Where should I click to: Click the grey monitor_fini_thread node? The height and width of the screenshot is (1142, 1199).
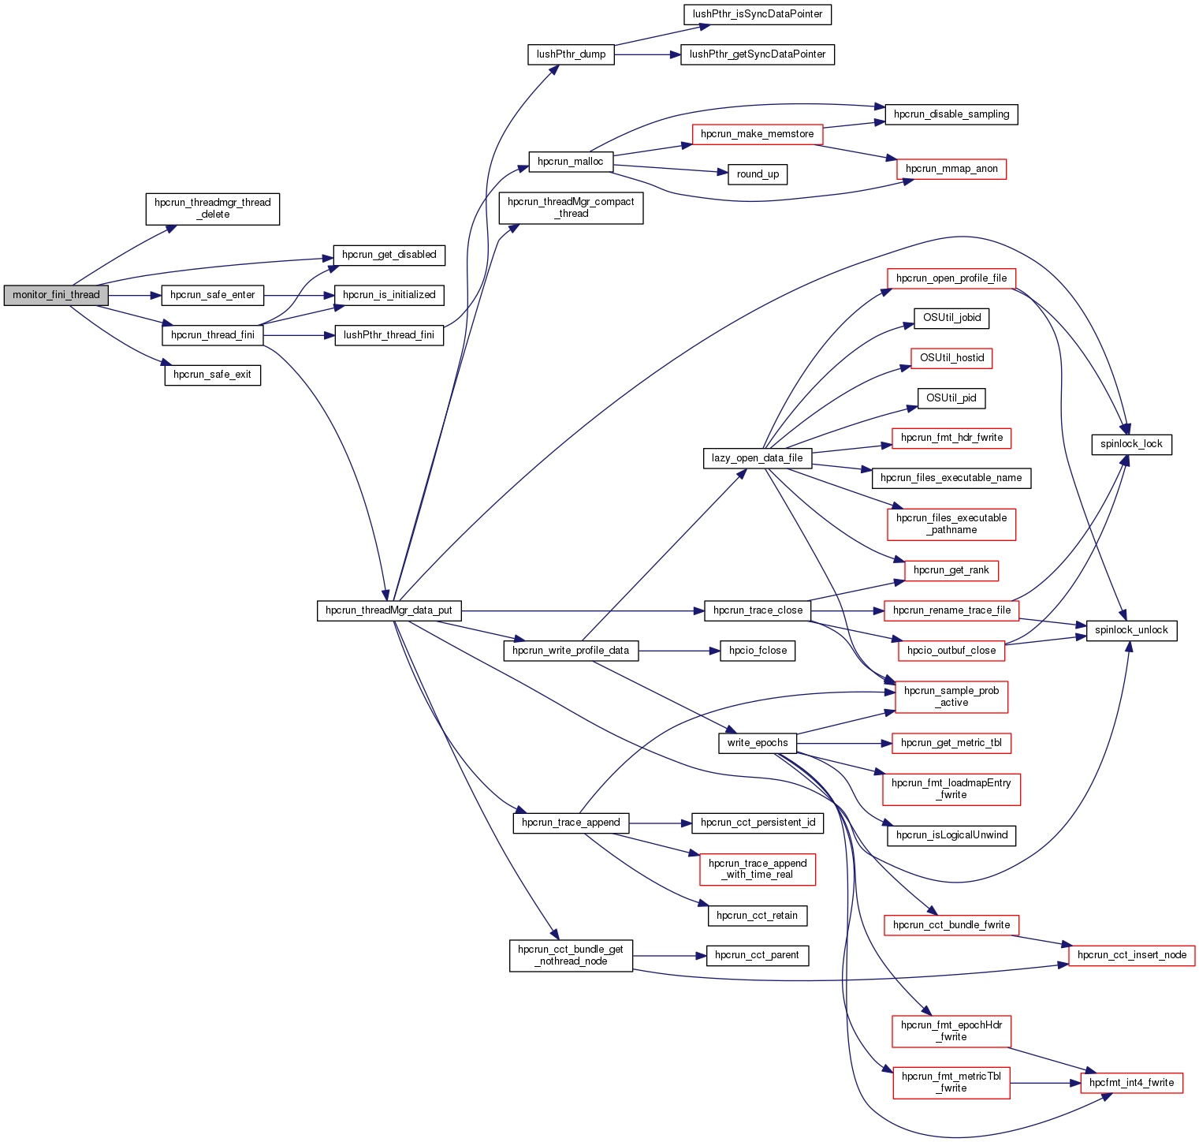pyautogui.click(x=56, y=295)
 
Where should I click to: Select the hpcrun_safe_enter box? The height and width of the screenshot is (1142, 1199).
pyautogui.click(x=212, y=295)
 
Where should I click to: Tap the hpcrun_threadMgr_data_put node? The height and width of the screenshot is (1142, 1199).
pyautogui.click(x=389, y=610)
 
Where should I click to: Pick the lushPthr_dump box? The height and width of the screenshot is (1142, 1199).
pyautogui.click(x=571, y=54)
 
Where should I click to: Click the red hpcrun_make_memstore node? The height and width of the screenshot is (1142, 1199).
pyautogui.click(x=757, y=134)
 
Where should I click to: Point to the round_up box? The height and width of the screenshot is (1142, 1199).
pyautogui.click(x=758, y=174)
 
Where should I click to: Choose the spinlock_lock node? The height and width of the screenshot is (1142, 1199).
pyautogui.click(x=1131, y=444)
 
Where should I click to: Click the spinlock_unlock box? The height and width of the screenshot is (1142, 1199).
pyautogui.click(x=1131, y=630)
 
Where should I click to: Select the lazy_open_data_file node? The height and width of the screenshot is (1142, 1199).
pyautogui.click(x=757, y=458)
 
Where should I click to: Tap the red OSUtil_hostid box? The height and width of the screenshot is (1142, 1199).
pyautogui.click(x=951, y=358)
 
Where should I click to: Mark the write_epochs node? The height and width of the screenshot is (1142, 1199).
pyautogui.click(x=757, y=743)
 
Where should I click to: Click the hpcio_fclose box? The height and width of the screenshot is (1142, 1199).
pyautogui.click(x=758, y=651)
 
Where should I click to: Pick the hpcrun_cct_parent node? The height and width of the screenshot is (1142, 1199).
pyautogui.click(x=757, y=955)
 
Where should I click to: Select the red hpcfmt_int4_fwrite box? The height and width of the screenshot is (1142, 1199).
pyautogui.click(x=1131, y=1083)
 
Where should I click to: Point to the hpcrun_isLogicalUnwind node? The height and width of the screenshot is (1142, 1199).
pyautogui.click(x=951, y=835)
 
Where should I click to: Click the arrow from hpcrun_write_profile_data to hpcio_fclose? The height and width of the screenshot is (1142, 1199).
pyautogui.click(x=678, y=651)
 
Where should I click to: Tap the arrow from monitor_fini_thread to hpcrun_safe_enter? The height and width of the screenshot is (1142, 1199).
pyautogui.click(x=134, y=295)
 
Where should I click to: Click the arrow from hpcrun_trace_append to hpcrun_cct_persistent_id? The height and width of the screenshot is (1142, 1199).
pyautogui.click(x=660, y=823)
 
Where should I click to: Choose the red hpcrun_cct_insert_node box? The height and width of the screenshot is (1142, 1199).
pyautogui.click(x=1131, y=955)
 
